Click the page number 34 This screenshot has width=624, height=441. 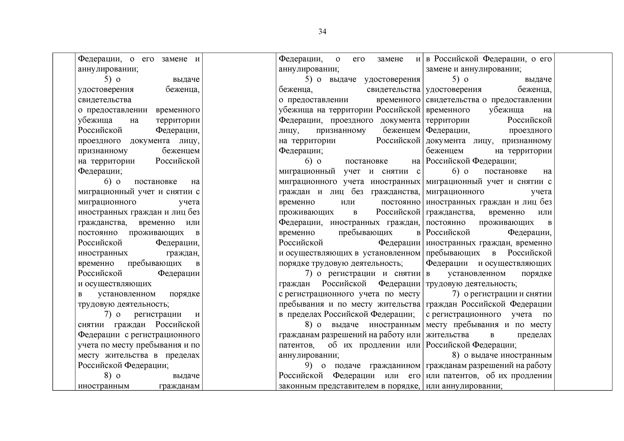[322, 32]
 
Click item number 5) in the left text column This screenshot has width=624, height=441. [108, 79]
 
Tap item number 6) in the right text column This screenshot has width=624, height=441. [456, 171]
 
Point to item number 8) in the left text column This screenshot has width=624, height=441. [108, 376]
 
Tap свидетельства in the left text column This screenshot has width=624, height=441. [105, 100]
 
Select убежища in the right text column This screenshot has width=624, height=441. [506, 110]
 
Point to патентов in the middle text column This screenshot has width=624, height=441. [296, 345]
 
